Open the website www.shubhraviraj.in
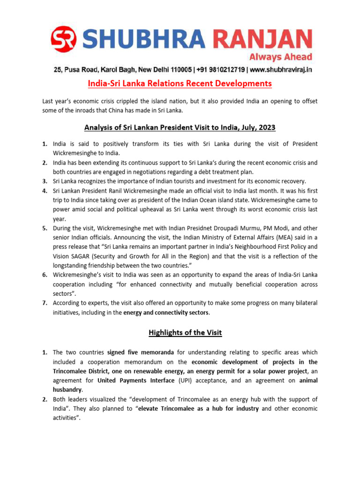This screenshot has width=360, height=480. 281,70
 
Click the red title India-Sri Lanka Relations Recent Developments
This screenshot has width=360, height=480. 180,84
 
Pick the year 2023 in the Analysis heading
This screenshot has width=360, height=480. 265,127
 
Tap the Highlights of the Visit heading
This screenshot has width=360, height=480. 185,333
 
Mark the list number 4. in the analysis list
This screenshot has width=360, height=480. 45,190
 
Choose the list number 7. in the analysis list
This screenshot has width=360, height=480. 45,303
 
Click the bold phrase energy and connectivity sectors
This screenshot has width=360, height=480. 166,312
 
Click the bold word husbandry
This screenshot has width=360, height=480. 67,390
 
